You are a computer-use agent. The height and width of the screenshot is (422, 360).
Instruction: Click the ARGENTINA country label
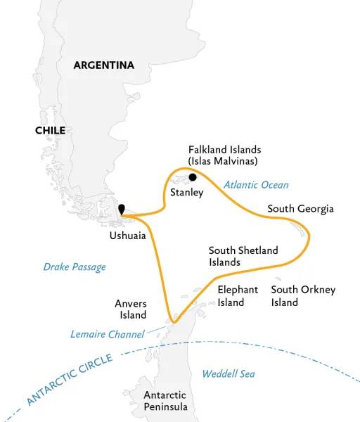click(104, 65)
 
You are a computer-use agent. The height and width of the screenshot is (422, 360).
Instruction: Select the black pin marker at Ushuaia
click(122, 209)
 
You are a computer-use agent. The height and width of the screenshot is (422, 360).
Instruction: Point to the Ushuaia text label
click(127, 236)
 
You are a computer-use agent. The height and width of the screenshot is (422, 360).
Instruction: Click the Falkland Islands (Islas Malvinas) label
click(224, 156)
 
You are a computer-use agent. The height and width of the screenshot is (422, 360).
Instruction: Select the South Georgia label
click(300, 209)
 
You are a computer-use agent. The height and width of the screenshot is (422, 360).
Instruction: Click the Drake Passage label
click(75, 267)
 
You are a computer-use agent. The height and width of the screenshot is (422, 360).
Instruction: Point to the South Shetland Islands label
click(243, 256)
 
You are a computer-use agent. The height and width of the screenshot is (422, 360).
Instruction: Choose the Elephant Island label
click(238, 295)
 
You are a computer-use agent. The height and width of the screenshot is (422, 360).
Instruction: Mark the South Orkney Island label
click(303, 295)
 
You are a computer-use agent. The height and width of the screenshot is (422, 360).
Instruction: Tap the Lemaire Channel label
click(108, 334)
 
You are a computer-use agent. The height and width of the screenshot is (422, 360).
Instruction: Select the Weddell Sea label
click(228, 373)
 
